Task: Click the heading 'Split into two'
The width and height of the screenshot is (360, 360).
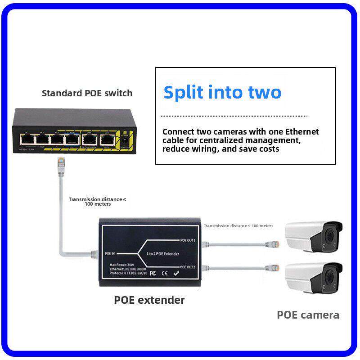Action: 222,92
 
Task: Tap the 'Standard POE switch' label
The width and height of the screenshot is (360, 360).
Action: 87,94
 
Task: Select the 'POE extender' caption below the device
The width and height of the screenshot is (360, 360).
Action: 149,300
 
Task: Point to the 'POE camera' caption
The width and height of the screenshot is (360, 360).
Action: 308,315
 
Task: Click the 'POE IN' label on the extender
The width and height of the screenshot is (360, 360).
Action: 110,254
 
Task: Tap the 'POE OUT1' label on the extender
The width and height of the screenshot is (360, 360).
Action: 188,240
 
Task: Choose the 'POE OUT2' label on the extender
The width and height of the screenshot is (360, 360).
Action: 188,267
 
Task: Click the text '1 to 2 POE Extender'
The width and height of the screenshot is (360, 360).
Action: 163,254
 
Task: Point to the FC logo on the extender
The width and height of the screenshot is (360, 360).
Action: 152,273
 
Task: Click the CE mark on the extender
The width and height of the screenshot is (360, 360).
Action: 165,273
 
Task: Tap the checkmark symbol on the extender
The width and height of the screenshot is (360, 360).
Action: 177,273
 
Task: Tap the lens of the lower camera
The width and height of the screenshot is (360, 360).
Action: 332,276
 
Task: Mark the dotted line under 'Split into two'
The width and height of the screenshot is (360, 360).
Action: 234,116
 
